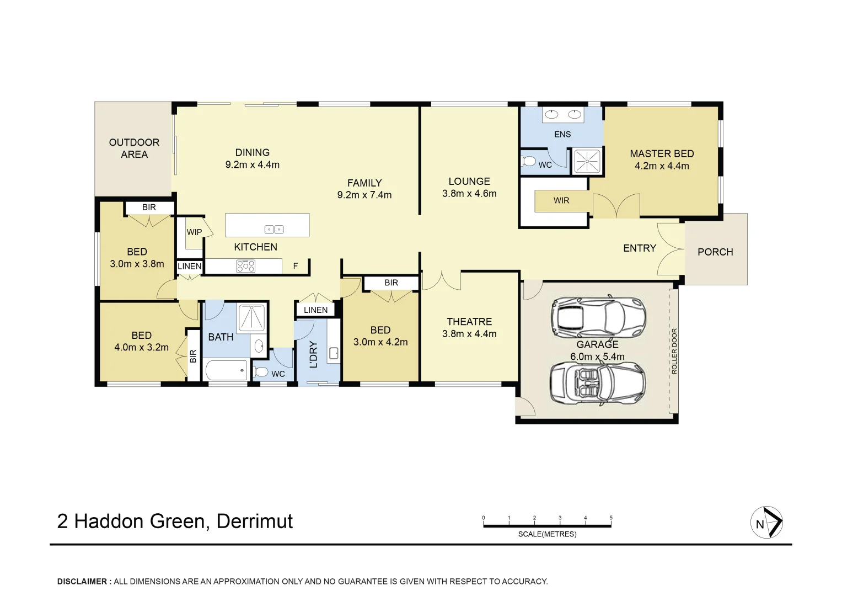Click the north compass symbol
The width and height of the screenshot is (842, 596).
[766, 522]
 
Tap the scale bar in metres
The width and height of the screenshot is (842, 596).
[547, 525]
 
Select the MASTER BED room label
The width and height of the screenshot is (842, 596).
[662, 154]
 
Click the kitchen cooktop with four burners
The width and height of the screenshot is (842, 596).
[245, 267]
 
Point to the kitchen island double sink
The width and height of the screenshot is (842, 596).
[274, 229]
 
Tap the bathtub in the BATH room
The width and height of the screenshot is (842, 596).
[227, 370]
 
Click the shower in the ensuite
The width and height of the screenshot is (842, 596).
[587, 161]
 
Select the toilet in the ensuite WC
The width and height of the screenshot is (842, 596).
[529, 162]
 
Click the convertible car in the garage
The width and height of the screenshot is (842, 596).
[597, 384]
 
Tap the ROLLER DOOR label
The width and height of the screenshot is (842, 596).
[674, 351]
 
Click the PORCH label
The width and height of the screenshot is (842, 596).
[715, 252]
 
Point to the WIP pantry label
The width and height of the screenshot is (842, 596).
[194, 232]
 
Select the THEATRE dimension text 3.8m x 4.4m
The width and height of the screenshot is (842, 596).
[469, 334]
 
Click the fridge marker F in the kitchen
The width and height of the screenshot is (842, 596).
[296, 266]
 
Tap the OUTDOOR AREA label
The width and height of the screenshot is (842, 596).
[134, 148]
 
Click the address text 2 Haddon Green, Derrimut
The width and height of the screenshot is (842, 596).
[175, 521]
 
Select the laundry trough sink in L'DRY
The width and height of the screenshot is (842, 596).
[334, 353]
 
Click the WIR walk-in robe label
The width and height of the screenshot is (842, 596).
[561, 201]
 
